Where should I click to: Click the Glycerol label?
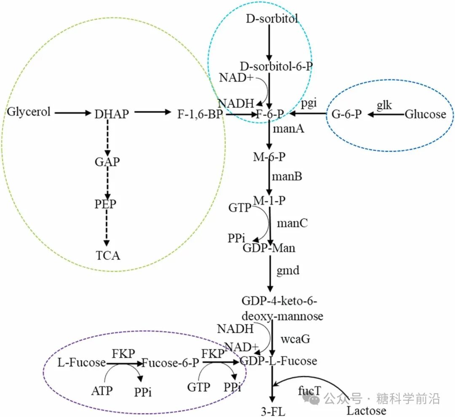[29, 112]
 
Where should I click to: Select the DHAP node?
[112, 114]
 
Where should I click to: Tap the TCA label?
[108, 255]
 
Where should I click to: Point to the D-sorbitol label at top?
[272, 19]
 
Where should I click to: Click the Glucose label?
[425, 114]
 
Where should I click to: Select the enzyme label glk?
[384, 105]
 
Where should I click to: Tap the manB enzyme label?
[286, 176]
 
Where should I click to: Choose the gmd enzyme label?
[288, 270]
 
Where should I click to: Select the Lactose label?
[366, 410]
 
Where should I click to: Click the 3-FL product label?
[273, 411]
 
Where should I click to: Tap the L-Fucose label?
[81, 362]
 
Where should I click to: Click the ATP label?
[102, 390]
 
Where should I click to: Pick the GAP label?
[107, 161]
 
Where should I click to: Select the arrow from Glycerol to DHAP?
[72, 113]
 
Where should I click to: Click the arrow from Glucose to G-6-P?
[386, 114]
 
